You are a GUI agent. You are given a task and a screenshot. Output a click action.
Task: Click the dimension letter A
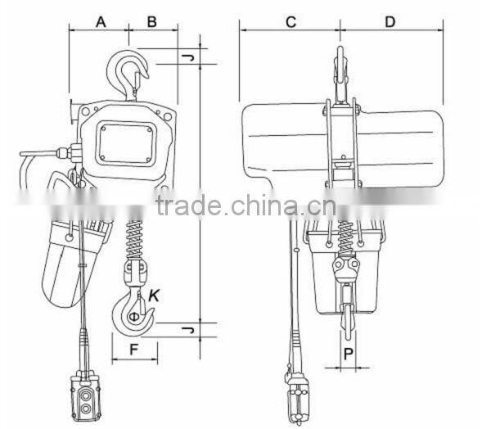[101, 22]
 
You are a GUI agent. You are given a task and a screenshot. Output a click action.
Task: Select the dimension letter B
[152, 22]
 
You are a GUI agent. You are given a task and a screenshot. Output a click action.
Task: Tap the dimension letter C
[291, 22]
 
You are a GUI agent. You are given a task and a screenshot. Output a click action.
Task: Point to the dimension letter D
[390, 22]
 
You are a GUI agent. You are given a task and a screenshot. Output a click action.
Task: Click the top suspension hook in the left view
[131, 70]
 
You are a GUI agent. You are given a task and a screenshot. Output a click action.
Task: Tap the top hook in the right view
[342, 70]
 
